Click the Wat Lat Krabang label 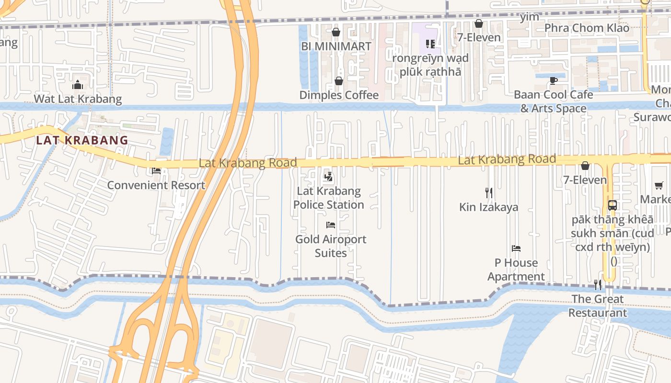tap(78, 99)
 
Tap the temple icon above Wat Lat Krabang tap(78, 86)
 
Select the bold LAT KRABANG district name tap(82, 140)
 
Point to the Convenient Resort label tap(156, 185)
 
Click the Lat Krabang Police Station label tap(329, 198)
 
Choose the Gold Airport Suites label tap(331, 246)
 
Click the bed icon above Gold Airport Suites tap(331, 225)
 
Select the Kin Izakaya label tap(489, 207)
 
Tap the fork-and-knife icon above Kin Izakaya tap(489, 193)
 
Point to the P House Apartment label tap(516, 270)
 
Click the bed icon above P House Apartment tap(516, 248)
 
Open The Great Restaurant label tap(598, 306)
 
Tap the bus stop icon tap(612, 205)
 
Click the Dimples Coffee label tap(339, 95)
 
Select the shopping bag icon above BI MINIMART tap(336, 33)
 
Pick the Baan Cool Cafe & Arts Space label tap(554, 101)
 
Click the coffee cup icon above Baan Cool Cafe tap(554, 81)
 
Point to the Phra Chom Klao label tap(587, 28)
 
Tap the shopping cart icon tap(659, 186)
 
